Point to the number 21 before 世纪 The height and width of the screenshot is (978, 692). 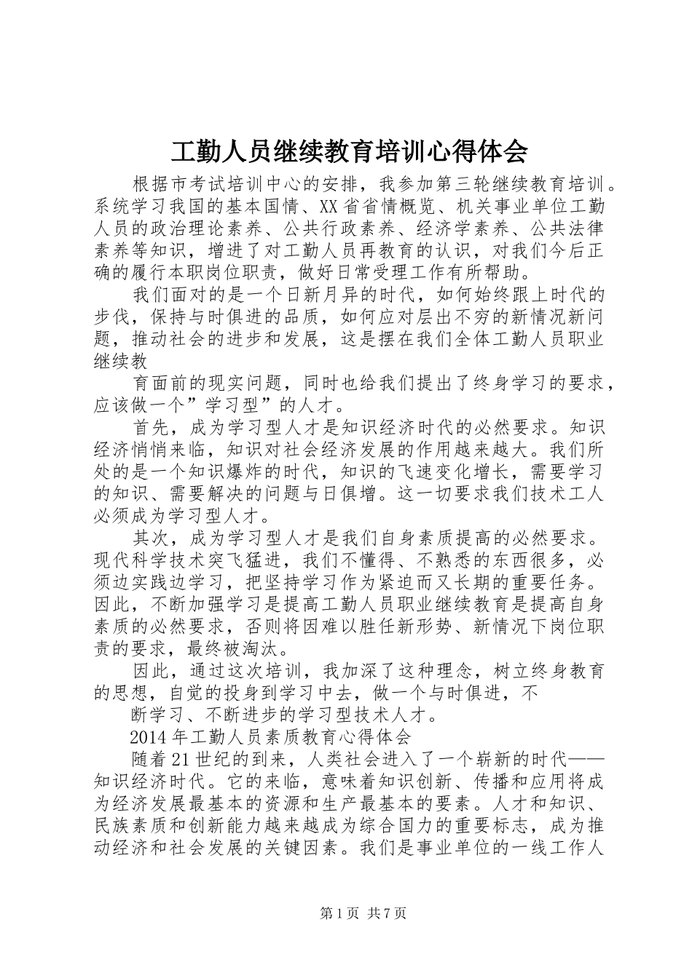tap(181, 758)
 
